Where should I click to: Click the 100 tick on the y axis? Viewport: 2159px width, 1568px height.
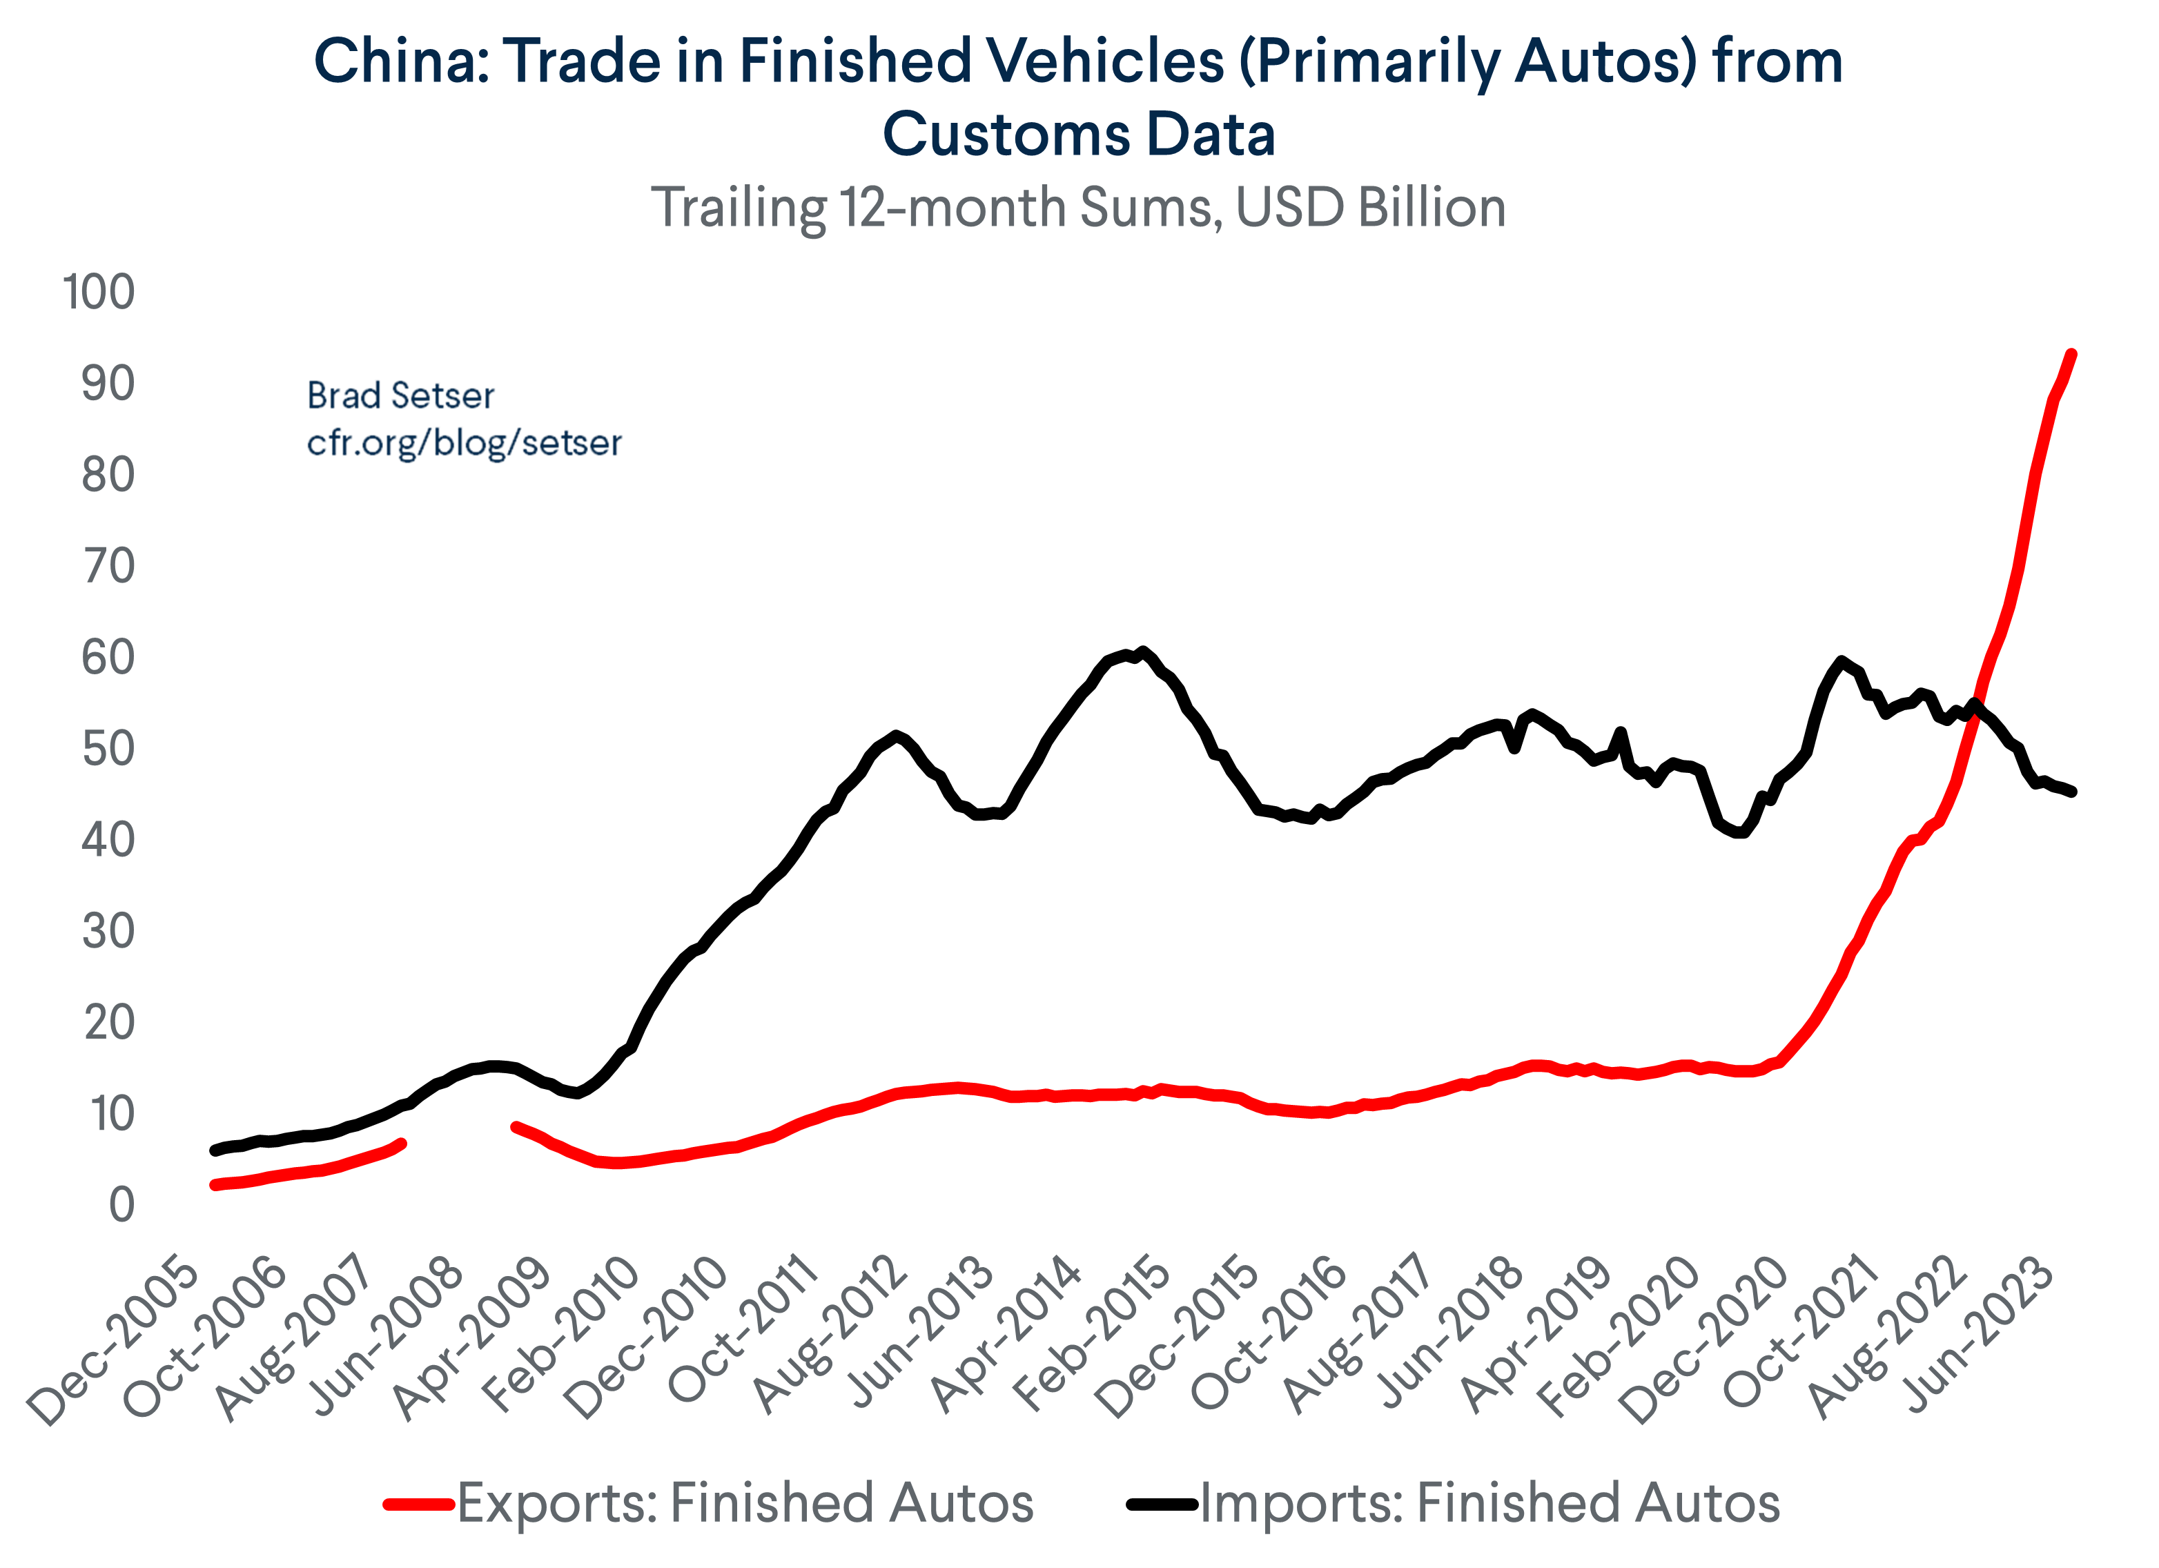coord(99,291)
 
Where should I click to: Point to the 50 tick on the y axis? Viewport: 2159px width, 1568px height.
coord(108,749)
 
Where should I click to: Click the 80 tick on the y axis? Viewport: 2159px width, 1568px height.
coord(108,475)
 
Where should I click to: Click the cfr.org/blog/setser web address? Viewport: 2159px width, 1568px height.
coord(464,442)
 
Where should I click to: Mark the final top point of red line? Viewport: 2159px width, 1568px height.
coord(2071,354)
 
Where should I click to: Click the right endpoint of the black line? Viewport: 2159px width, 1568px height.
coord(2072,791)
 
